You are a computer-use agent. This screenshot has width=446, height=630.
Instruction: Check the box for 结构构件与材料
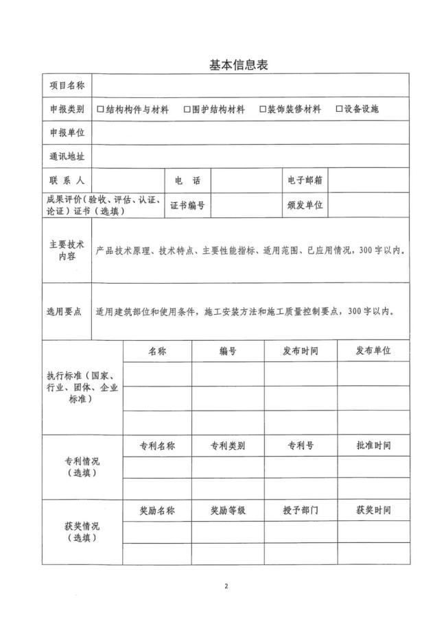click(x=100, y=109)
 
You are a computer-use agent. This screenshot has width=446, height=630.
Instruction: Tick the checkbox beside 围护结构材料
click(x=187, y=109)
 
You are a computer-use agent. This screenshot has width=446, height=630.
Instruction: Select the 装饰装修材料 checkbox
click(x=263, y=109)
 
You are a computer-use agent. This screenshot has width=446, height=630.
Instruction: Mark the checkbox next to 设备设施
click(x=339, y=109)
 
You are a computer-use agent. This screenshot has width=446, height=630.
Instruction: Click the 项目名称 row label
click(x=67, y=86)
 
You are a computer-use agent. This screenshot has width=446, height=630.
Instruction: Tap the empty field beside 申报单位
click(x=250, y=132)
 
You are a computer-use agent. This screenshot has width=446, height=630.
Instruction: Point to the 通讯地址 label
click(x=67, y=156)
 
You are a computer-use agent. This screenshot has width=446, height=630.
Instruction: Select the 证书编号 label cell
click(x=187, y=204)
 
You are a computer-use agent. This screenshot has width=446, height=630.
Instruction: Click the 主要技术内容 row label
click(x=67, y=250)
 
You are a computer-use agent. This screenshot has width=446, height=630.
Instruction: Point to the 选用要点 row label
click(x=64, y=311)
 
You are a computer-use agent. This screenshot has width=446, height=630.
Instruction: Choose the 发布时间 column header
click(x=301, y=350)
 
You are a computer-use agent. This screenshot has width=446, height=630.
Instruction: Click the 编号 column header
click(x=228, y=350)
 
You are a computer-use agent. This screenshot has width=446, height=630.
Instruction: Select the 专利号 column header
click(x=301, y=445)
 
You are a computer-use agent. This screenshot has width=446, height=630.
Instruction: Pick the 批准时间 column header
click(x=373, y=445)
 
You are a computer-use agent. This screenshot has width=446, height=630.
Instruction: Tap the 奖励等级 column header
click(x=228, y=511)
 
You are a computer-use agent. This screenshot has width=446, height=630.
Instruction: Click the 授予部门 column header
click(x=301, y=511)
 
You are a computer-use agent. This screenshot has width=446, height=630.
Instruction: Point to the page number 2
click(x=224, y=587)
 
